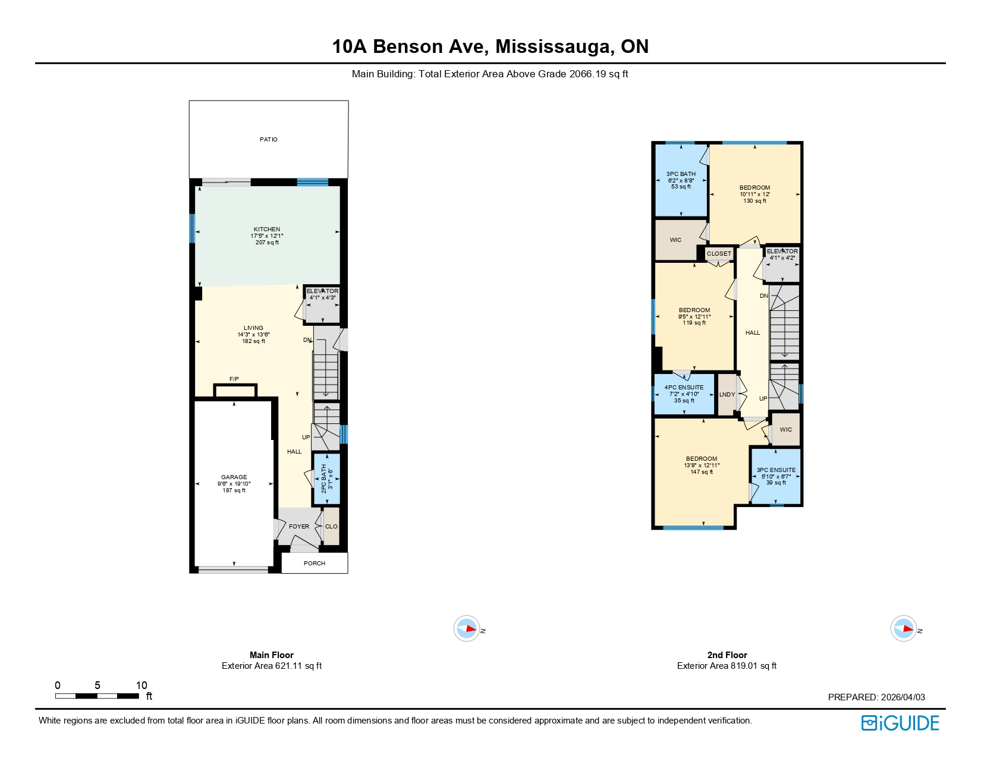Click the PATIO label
click(268, 139)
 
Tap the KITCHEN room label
click(267, 229)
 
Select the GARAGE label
click(234, 477)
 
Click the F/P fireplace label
click(234, 379)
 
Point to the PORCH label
click(315, 563)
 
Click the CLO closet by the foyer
click(331, 527)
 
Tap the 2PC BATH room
click(327, 479)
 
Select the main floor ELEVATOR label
click(322, 291)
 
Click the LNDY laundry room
click(727, 395)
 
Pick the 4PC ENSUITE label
click(684, 388)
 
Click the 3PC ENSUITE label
click(776, 470)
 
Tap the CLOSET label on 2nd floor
click(719, 254)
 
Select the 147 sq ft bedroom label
click(702, 465)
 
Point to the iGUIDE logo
click(900, 723)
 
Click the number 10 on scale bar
click(142, 685)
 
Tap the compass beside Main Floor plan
click(467, 628)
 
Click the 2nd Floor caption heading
click(727, 655)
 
